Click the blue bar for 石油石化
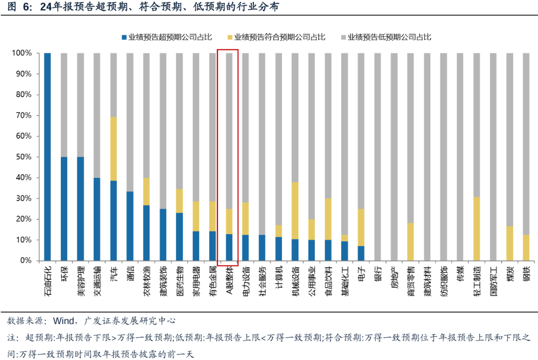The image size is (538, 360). click(x=47, y=156)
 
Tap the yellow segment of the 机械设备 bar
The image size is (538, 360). click(x=295, y=210)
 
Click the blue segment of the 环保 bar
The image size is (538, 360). click(x=64, y=209)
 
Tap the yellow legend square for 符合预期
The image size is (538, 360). click(x=229, y=37)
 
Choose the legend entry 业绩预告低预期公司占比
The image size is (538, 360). click(x=389, y=37)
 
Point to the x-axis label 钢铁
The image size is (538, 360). click(x=526, y=274)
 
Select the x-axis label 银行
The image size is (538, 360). click(x=378, y=274)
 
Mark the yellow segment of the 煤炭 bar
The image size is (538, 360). click(x=510, y=243)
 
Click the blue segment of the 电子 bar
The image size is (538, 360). click(x=361, y=253)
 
